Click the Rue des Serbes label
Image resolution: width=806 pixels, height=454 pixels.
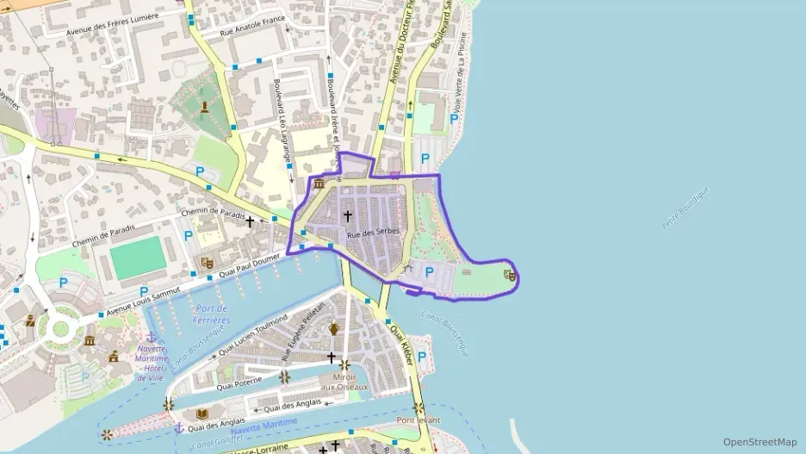(374, 233)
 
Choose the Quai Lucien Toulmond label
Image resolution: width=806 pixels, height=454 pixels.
(254, 337)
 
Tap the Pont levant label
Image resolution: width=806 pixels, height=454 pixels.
(418, 420)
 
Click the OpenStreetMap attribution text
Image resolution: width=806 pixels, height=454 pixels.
(760, 442)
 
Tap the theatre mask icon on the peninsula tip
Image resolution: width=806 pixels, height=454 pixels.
(511, 276)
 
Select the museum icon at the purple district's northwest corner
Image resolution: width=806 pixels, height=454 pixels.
(319, 183)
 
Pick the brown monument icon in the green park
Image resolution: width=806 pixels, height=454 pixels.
(205, 107)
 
